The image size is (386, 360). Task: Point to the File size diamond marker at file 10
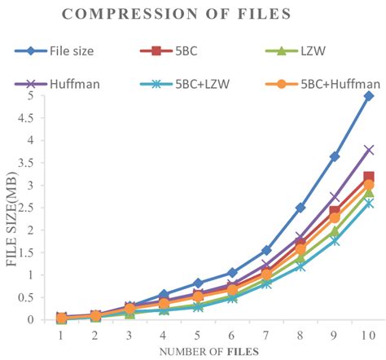click(x=369, y=96)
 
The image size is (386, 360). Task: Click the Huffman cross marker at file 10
click(x=369, y=150)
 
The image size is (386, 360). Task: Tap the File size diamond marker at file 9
click(x=335, y=156)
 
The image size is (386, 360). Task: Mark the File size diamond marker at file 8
click(x=300, y=208)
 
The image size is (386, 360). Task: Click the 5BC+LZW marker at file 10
click(x=369, y=203)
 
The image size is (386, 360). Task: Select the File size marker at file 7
click(x=265, y=250)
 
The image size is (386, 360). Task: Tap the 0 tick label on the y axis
click(x=30, y=320)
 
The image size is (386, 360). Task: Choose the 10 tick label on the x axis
click(x=368, y=335)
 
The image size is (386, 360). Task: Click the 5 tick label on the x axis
click(x=197, y=335)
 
